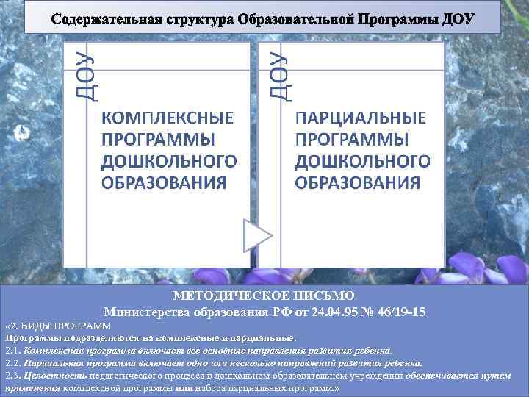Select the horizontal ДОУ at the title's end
point(459,18)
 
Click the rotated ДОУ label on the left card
point(82,74)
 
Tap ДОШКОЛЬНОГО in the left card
point(169,161)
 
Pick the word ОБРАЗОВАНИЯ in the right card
point(358,182)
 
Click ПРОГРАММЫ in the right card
point(352,140)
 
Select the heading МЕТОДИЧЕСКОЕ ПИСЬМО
point(264,297)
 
